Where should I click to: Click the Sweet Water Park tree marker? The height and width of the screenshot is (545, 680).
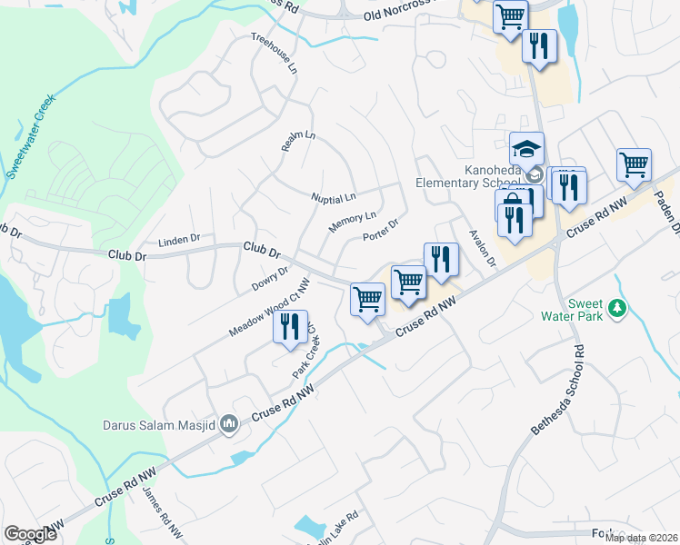[618, 309]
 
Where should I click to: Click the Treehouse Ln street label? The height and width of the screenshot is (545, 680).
[275, 54]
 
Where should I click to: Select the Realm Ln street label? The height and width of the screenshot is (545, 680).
[297, 140]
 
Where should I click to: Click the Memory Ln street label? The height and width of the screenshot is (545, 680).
[352, 221]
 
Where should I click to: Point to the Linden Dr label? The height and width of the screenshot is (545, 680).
[178, 241]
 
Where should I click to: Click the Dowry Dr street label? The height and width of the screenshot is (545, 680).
[270, 279]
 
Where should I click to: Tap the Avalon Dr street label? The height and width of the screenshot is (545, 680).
[481, 246]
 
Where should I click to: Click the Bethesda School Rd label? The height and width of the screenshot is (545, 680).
[555, 391]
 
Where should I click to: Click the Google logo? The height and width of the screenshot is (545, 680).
[30, 533]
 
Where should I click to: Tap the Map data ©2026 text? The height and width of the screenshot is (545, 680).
[641, 538]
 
